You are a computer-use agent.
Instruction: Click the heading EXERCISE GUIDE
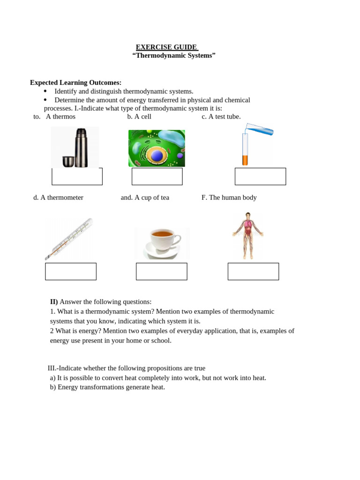point(167,47)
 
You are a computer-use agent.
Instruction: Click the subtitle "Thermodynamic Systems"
point(174,55)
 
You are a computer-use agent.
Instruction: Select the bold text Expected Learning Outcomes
point(75,82)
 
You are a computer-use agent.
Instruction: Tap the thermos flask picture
point(82,148)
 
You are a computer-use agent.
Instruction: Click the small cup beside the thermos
point(68,161)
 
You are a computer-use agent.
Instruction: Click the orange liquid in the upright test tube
point(245,160)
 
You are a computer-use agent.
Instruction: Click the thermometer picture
point(69,239)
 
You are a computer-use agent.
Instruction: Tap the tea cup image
point(162,242)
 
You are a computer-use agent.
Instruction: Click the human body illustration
point(247,235)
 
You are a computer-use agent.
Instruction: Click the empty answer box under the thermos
point(77,177)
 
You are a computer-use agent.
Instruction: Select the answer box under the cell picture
point(157,177)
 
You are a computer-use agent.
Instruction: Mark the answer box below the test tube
point(260,177)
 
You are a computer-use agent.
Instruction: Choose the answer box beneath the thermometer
point(71,271)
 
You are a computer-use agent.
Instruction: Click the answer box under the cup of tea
point(161,271)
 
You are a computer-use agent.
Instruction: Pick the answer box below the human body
point(253,271)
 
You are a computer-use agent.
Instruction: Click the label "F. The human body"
point(229,197)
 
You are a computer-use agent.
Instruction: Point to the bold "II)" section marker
point(54,301)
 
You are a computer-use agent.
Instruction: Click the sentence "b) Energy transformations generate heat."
point(107,387)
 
